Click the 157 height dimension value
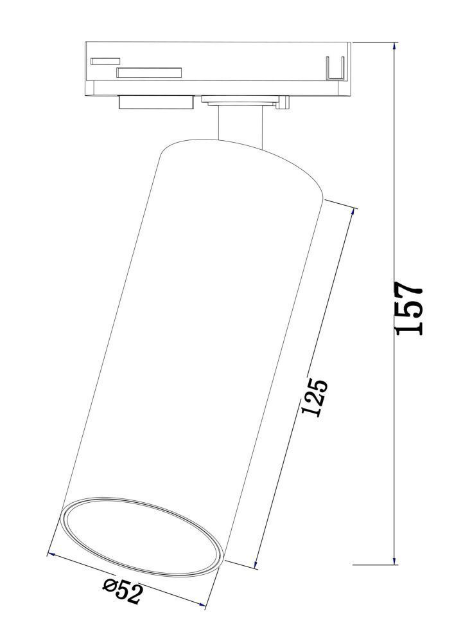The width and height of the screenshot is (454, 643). [x=408, y=308]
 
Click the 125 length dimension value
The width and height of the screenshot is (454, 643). [x=315, y=397]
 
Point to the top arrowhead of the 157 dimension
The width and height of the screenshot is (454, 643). [x=395, y=46]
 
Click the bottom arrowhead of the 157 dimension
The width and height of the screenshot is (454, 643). [x=395, y=561]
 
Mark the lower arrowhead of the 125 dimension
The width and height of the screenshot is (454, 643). [x=257, y=565]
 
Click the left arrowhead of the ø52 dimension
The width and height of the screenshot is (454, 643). [x=51, y=554]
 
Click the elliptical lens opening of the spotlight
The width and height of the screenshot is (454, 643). [x=142, y=537]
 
